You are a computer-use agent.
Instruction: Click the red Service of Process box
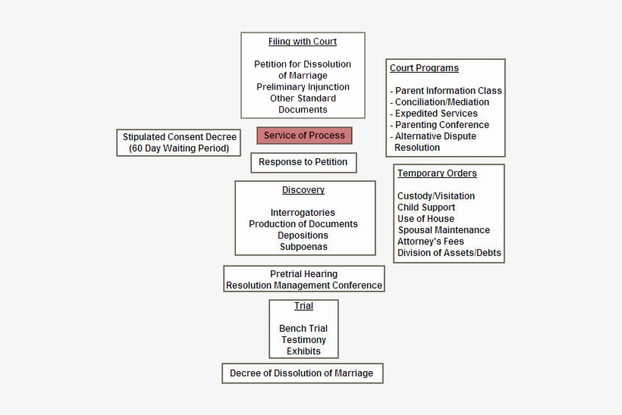point(304,136)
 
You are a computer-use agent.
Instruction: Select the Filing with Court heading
point(303,42)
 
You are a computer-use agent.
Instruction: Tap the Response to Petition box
point(303,162)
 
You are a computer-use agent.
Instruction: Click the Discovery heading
point(303,190)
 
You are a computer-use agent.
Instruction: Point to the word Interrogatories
point(303,213)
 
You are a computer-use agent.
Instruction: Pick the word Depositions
point(303,236)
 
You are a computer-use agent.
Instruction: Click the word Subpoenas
point(303,247)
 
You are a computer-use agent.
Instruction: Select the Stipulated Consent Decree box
point(179,142)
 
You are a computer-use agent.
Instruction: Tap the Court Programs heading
point(424,68)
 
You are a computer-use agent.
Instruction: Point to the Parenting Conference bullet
point(441,125)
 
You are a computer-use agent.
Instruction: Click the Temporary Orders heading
point(437,173)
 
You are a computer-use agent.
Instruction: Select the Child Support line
point(426,207)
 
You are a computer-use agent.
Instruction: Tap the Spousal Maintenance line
point(444,230)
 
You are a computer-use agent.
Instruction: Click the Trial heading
point(303,306)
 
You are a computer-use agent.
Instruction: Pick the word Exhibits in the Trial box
point(303,351)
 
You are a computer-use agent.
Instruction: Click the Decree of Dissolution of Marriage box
point(302,373)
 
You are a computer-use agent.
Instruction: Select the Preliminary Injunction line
point(303,87)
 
